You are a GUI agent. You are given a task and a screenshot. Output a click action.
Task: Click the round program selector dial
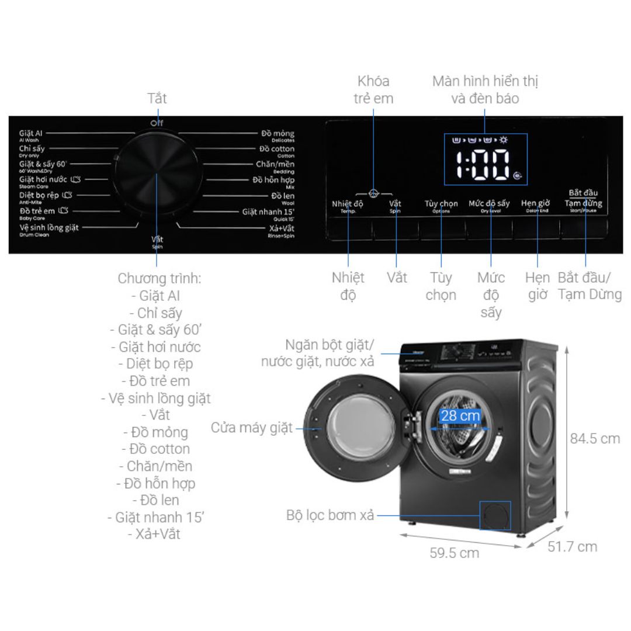click(157, 180)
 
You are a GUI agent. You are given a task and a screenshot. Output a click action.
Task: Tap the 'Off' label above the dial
click(157, 123)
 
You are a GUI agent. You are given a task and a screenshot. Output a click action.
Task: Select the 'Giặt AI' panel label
click(30, 134)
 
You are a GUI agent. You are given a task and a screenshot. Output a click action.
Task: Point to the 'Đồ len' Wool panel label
click(283, 197)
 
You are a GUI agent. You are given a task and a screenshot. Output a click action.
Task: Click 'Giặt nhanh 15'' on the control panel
click(268, 212)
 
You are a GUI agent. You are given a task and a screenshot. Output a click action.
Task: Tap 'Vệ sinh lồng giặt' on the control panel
click(49, 228)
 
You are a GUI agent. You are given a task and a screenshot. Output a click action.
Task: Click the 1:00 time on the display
click(483, 165)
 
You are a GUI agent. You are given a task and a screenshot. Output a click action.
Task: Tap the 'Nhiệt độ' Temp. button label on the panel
click(348, 204)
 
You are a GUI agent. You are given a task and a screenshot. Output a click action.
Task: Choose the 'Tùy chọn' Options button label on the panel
click(441, 204)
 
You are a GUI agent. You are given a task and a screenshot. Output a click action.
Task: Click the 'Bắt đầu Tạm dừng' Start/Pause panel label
click(583, 199)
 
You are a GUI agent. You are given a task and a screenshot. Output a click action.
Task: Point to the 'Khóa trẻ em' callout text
click(373, 89)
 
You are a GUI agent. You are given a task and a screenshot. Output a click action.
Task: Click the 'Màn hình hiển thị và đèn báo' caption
click(485, 89)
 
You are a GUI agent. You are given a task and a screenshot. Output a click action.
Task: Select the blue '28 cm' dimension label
click(460, 416)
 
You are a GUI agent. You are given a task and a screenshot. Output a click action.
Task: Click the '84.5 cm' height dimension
click(595, 438)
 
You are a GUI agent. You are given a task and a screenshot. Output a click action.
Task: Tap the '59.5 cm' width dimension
click(455, 553)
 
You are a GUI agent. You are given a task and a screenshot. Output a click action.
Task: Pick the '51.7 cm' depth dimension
click(573, 546)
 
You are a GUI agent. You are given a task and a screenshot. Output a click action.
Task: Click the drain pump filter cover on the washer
click(495, 514)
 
